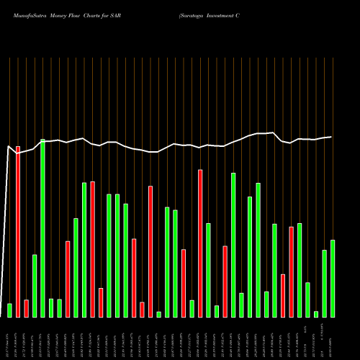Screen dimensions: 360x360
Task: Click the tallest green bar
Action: [42, 228]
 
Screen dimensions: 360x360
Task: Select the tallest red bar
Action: [18, 231]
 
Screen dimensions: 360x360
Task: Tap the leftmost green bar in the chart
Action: [9, 310]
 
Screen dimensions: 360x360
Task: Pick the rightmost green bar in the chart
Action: [333, 278]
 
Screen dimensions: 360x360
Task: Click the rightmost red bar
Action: [292, 271]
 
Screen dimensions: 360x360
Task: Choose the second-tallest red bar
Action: [200, 243]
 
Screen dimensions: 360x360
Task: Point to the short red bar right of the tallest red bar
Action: [26, 308]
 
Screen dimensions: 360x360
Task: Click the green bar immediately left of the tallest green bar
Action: [35, 285]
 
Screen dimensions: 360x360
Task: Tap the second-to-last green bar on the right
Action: [325, 283]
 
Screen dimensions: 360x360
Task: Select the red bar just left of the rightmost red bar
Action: [283, 295]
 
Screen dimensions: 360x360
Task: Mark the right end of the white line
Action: [332, 137]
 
